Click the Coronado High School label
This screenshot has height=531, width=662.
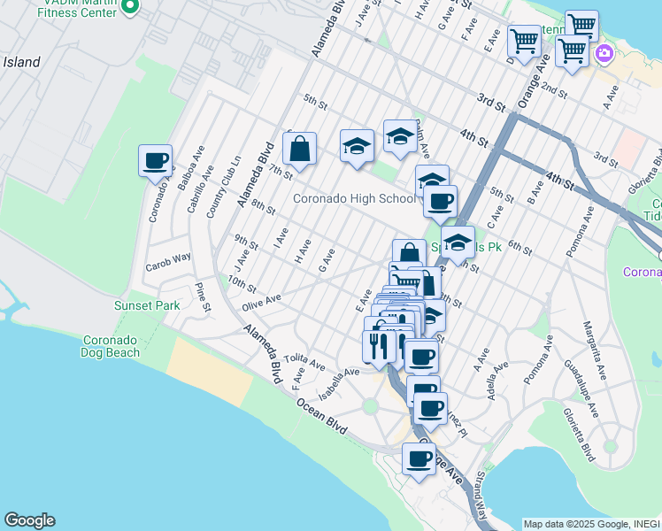coord(354,198)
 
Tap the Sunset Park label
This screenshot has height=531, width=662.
coord(147,305)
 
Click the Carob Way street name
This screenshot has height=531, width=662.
coord(168,258)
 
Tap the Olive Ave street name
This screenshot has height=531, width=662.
coord(261,303)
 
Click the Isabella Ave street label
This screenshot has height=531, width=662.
coord(339,382)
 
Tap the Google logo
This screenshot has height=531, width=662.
coord(29,520)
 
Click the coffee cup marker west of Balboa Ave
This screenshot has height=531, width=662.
coord(155,162)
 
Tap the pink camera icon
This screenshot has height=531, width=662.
coord(604,52)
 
